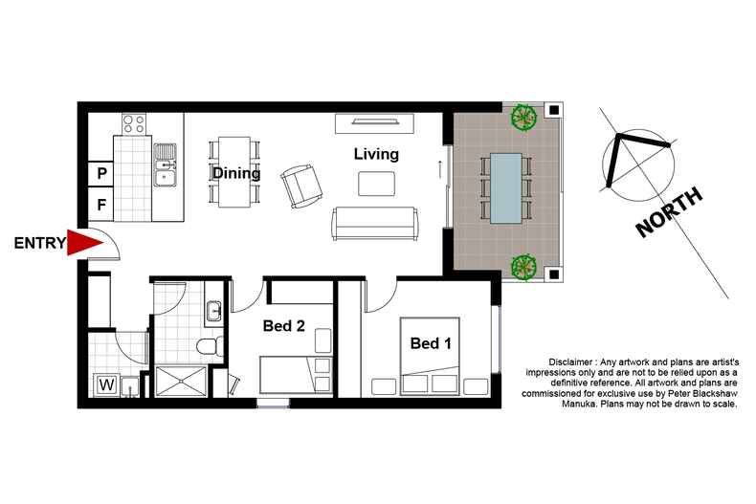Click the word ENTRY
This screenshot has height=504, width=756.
click(39, 244)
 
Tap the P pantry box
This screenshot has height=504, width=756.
click(101, 174)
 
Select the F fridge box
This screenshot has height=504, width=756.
click(101, 204)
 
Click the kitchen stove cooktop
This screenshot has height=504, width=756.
click(133, 123)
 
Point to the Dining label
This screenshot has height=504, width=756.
click(236, 173)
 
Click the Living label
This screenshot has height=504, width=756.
click(376, 153)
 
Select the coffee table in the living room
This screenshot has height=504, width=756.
click(374, 183)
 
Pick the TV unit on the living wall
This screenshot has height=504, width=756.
click(375, 122)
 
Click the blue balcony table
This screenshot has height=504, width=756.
click(505, 187)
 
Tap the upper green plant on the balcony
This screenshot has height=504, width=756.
click(522, 118)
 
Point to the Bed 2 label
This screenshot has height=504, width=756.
click(284, 326)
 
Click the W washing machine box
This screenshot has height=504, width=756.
click(105, 385)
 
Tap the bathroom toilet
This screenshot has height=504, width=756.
click(208, 347)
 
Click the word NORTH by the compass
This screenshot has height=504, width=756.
click(670, 212)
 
